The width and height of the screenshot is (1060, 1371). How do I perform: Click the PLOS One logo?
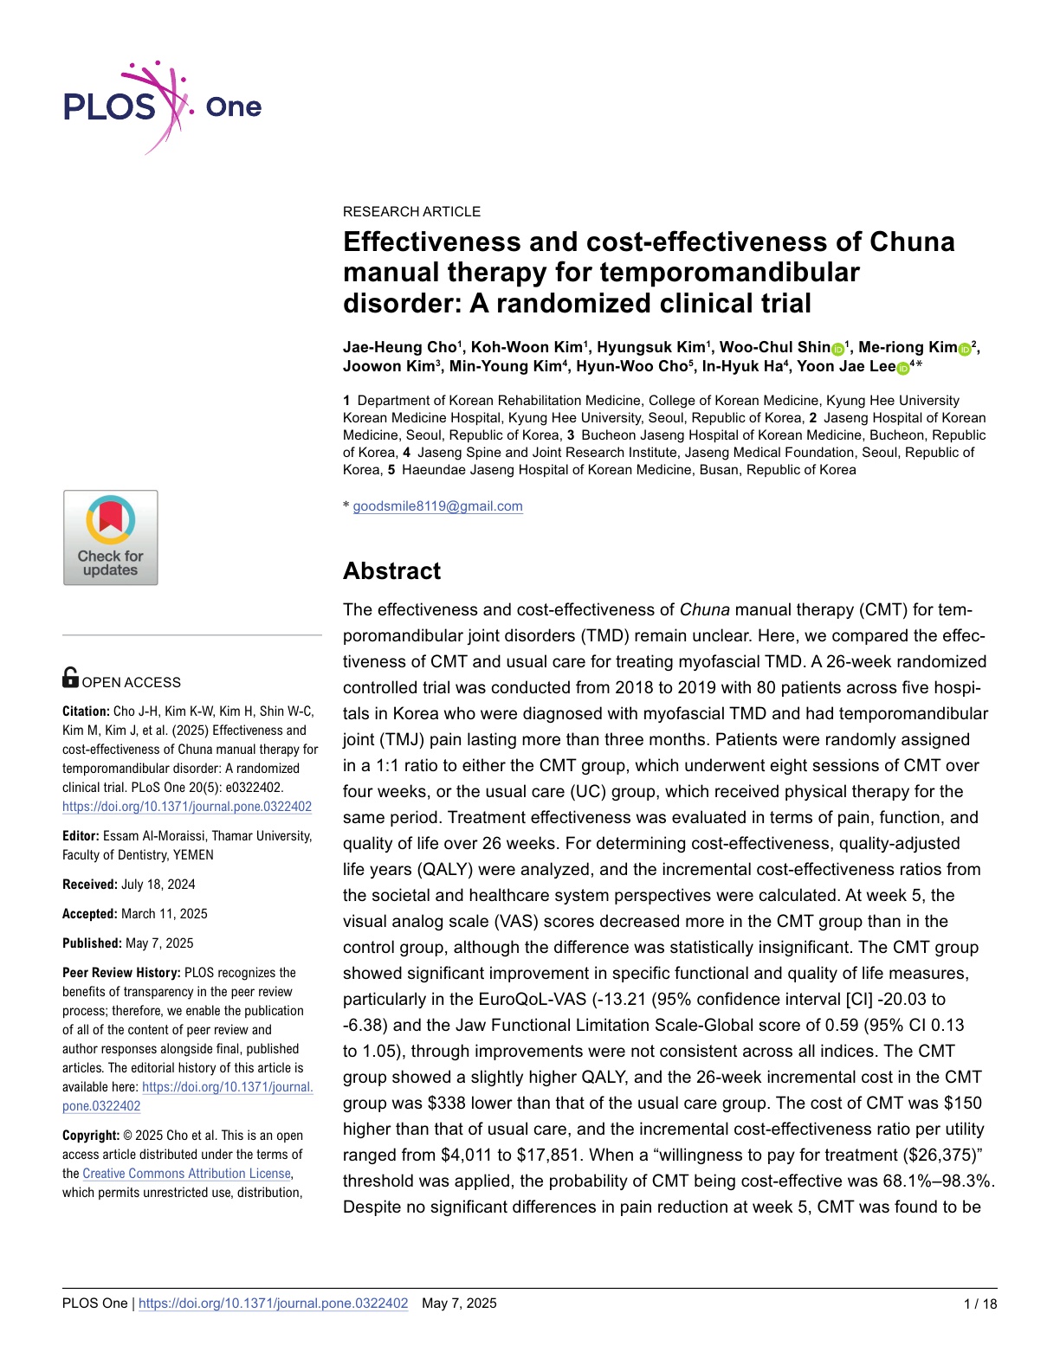(x=162, y=107)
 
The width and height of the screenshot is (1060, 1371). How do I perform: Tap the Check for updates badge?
(x=111, y=537)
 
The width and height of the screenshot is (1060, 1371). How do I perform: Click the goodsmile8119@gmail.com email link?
(x=437, y=506)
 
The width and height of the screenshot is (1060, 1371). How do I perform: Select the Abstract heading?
(x=391, y=571)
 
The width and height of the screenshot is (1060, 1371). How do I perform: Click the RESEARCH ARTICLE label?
(x=411, y=211)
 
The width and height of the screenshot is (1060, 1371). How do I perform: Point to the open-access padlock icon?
(x=70, y=678)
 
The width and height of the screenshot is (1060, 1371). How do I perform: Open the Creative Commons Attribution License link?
(x=186, y=1174)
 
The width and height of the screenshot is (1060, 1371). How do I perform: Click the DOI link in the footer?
(x=273, y=1303)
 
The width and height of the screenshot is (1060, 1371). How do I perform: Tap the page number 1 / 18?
(x=980, y=1303)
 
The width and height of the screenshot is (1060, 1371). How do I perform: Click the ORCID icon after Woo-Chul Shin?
(x=837, y=349)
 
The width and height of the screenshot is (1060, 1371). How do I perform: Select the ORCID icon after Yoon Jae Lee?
(x=902, y=368)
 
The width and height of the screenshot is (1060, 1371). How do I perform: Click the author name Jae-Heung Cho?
(x=399, y=347)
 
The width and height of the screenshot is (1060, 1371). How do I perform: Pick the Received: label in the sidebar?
(x=90, y=885)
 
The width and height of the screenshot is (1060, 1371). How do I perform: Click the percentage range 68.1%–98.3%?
(x=940, y=1181)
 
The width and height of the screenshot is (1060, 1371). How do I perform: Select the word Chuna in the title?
(x=911, y=241)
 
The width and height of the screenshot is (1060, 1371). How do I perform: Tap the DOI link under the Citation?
(x=186, y=807)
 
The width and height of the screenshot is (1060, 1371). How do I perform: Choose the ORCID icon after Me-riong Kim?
(x=965, y=349)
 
